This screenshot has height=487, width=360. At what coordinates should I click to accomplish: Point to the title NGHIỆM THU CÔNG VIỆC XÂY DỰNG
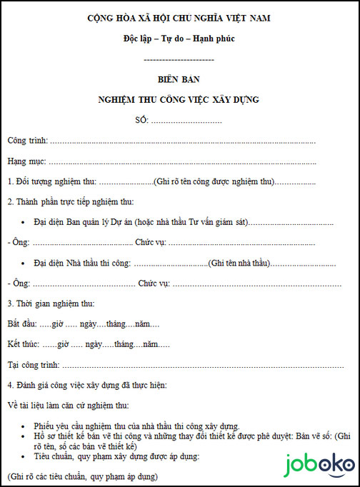[179, 99]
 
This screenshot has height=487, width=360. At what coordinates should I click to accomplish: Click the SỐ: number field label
[141, 119]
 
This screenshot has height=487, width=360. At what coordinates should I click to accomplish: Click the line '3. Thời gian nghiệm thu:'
[50, 304]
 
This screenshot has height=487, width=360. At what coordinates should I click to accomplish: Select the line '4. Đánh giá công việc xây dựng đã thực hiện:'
[86, 386]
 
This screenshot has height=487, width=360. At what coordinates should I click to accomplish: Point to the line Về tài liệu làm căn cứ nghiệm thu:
[68, 406]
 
